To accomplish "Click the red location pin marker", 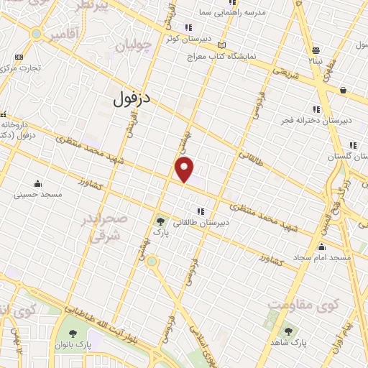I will [x=185, y=170].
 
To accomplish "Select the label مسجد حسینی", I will [x=41, y=194].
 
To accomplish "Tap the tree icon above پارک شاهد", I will [x=288, y=331].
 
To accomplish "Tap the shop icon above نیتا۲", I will [x=316, y=50].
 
